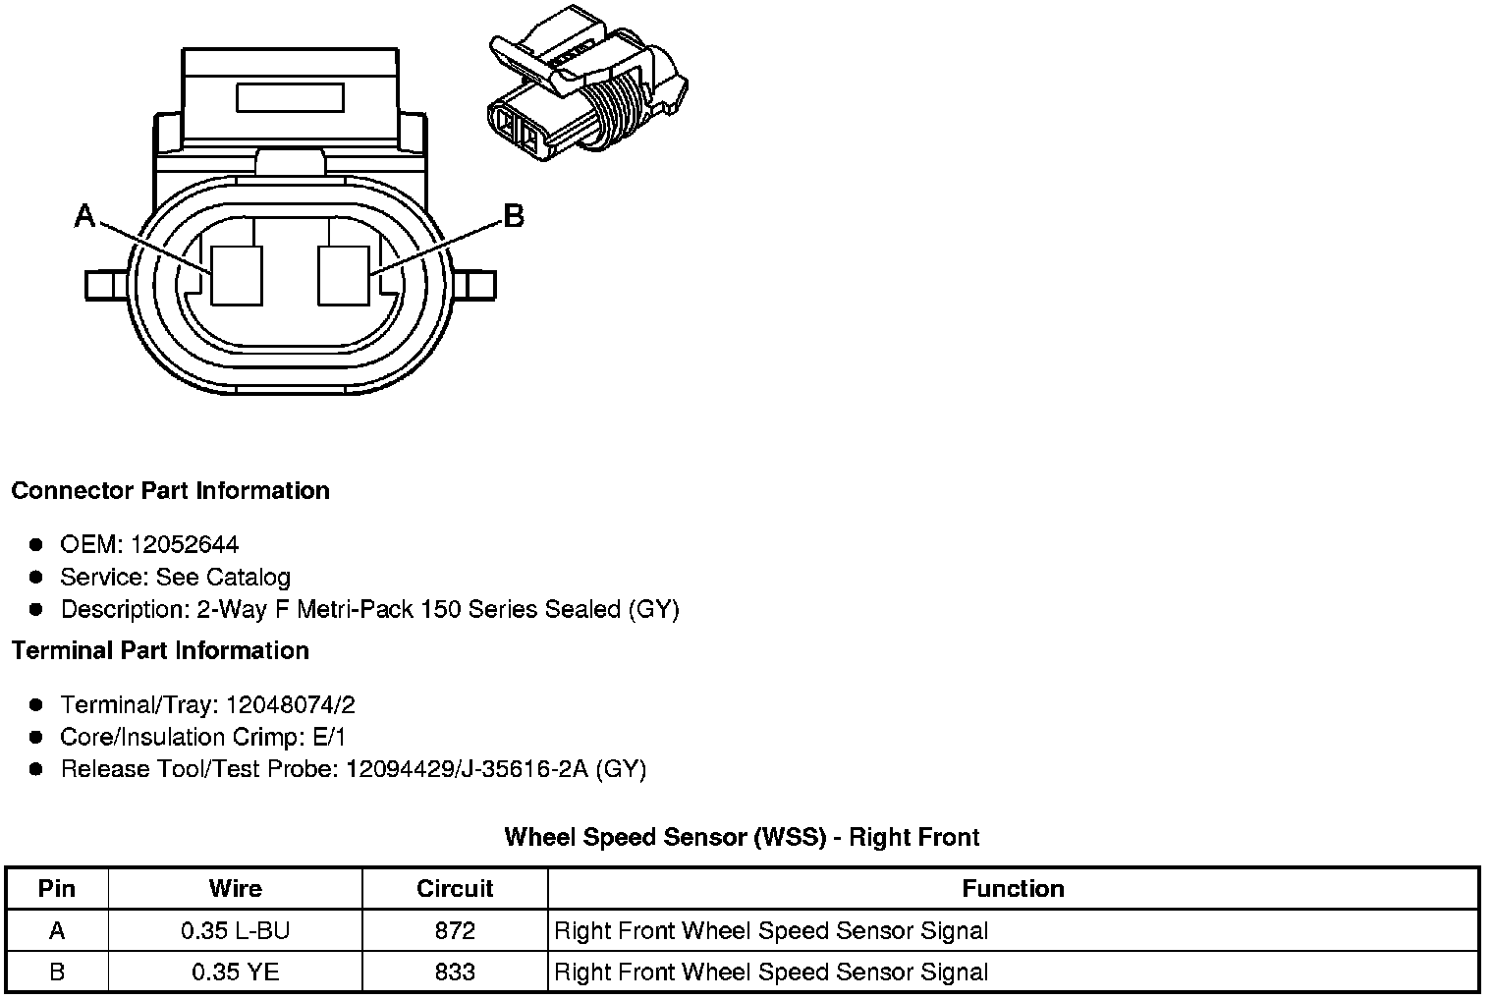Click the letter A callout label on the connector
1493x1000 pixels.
pos(85,216)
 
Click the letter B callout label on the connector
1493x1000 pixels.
pos(514,216)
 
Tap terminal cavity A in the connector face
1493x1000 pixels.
pos(238,274)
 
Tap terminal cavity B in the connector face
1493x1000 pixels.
pos(344,274)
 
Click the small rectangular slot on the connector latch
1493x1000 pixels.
pos(290,98)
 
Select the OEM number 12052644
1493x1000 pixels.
pos(185,544)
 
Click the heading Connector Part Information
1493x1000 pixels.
pos(170,490)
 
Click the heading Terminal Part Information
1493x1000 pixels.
pos(160,650)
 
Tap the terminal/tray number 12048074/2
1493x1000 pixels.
pos(291,704)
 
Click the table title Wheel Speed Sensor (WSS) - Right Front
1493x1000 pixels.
pos(742,837)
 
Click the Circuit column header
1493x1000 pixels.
pos(455,888)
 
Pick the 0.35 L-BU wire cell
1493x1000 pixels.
pos(236,930)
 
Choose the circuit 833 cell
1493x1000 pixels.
pos(455,972)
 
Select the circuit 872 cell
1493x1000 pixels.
pos(455,930)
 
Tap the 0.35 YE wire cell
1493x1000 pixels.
pos(236,972)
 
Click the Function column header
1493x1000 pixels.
pos(1013,888)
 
